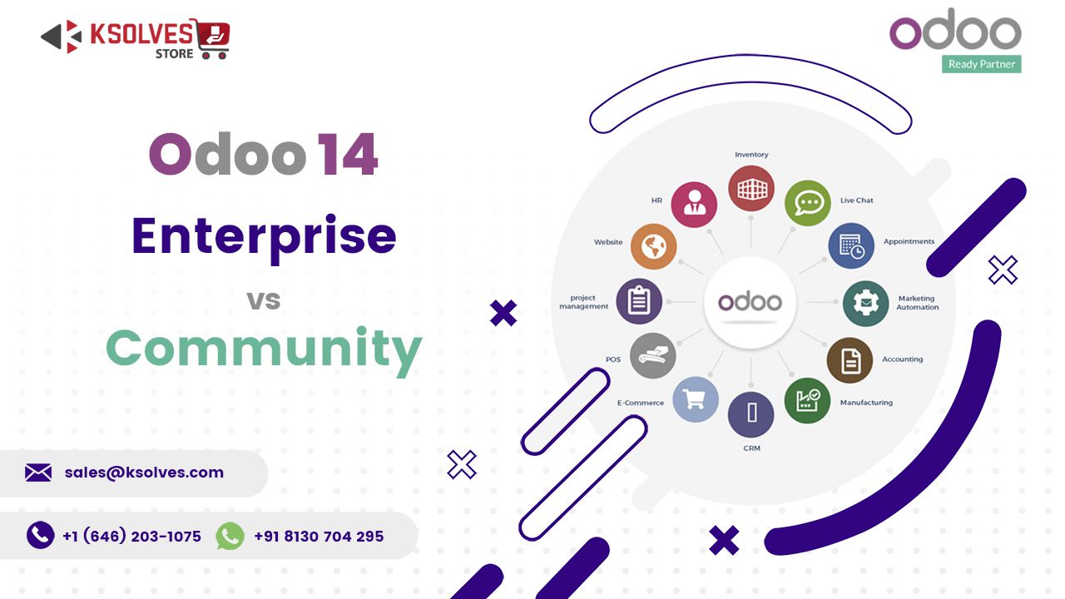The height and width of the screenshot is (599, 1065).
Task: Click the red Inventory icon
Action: coord(751,188)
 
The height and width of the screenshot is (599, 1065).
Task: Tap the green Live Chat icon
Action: coord(808,203)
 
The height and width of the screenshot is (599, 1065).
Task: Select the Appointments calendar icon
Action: coord(851,245)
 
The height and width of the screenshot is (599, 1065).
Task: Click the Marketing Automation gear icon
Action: coord(866,304)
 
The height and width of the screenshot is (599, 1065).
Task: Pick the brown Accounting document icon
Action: coord(850,360)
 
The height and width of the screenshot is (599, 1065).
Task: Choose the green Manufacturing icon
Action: coord(807,400)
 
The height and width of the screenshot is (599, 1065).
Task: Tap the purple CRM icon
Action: coord(751,414)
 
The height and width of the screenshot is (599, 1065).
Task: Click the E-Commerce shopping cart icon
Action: coord(695,399)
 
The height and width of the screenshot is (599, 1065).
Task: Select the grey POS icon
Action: coord(652,356)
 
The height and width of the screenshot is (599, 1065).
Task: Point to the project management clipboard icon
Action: coord(639,301)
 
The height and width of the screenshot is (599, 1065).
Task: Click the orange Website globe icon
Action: coord(654,246)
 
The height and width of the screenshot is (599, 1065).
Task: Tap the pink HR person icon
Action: coord(694,205)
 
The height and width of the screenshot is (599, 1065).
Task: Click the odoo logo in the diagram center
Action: coord(750,302)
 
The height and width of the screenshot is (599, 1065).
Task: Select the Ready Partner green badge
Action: coord(982,64)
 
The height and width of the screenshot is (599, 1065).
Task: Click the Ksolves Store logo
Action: coord(135,39)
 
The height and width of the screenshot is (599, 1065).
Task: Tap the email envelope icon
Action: coord(38,473)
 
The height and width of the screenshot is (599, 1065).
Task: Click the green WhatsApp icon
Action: coord(230,536)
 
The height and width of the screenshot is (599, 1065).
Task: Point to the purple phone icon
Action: coord(40,535)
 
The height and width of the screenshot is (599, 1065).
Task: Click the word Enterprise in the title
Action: coord(264,235)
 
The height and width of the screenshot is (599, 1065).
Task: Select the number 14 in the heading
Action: coord(348,155)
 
